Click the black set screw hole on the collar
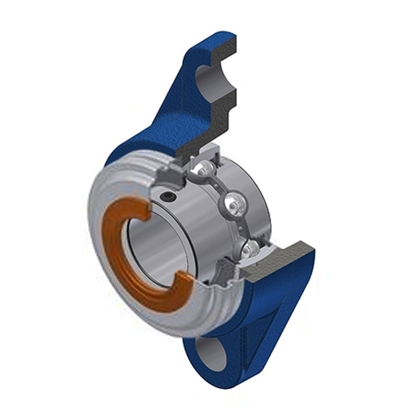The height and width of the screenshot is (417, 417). coord(167,197)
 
